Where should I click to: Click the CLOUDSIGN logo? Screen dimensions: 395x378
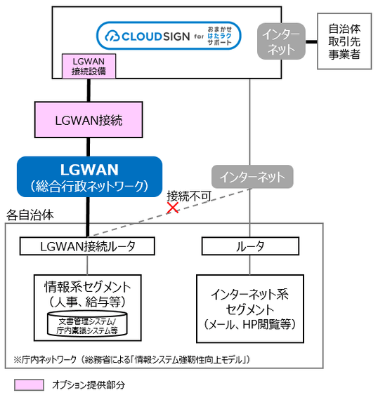tap(169, 35)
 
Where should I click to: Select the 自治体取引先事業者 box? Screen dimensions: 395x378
tap(344, 40)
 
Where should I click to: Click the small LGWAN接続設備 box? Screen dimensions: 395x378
tap(88, 65)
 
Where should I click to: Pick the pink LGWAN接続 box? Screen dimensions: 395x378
tap(89, 120)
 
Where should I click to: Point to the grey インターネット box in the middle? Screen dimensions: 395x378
tap(251, 175)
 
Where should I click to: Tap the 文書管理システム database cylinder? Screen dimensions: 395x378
tap(88, 324)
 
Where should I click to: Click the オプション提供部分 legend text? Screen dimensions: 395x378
tap(87, 384)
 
